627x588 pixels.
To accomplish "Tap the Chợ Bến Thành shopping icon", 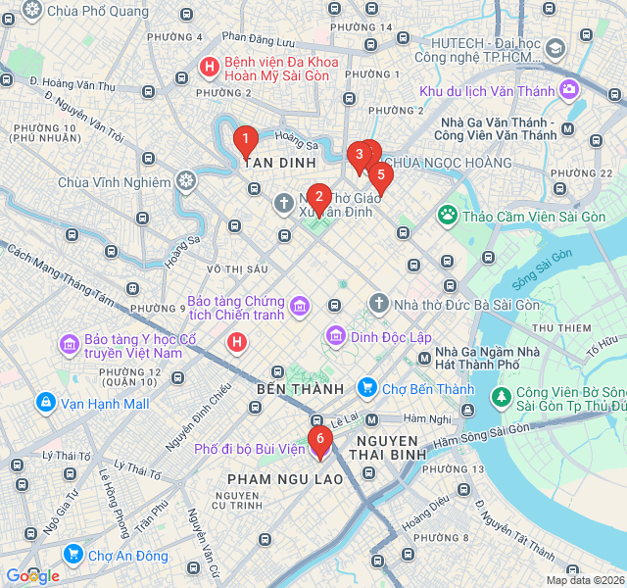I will coord(367,389).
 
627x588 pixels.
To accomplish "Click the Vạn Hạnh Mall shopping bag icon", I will coord(45,403).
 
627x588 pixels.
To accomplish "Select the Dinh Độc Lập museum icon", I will coord(336,336).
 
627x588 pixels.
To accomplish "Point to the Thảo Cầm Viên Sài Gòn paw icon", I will coord(448,214).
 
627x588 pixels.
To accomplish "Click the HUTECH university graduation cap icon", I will coord(555,48).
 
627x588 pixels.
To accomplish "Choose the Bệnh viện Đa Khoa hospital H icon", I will coord(209,68).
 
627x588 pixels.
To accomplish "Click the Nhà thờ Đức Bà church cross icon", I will coord(379,304).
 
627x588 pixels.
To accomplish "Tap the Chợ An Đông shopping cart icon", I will coord(72,556).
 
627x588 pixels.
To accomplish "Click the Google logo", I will coord(32,576).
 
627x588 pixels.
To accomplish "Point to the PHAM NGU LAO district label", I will coord(285,479).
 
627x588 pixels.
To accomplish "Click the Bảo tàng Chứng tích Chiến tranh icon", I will coord(300,308).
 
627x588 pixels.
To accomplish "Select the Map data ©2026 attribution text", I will coord(585,580).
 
